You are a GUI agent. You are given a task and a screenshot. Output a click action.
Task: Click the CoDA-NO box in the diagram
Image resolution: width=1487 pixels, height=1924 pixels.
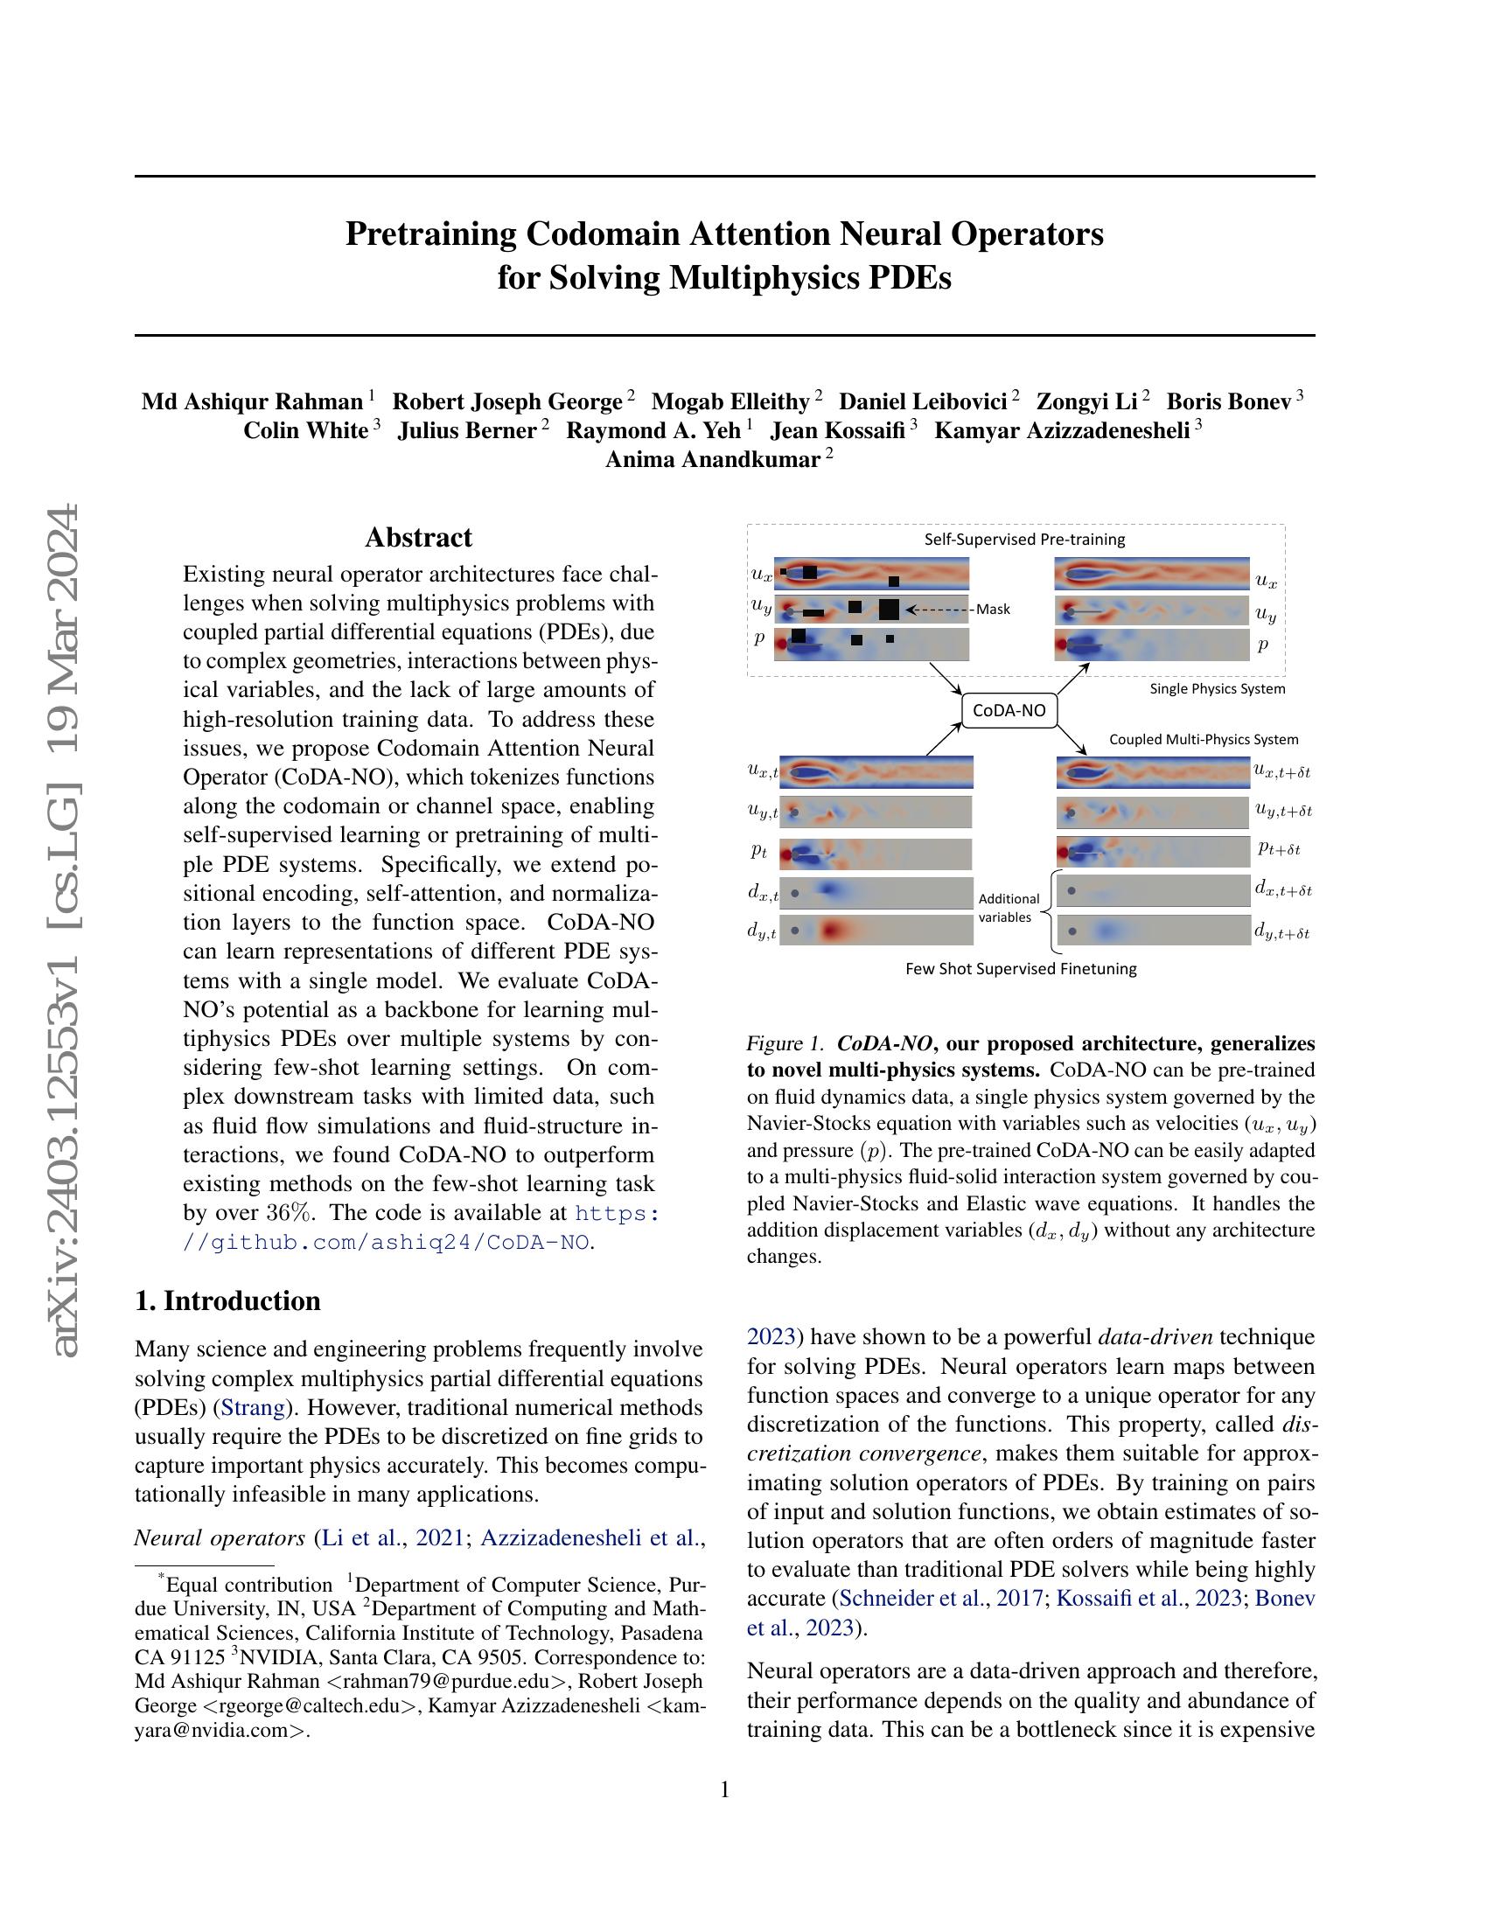point(1009,711)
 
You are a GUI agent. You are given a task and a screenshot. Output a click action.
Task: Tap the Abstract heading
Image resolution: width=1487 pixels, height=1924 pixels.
point(418,537)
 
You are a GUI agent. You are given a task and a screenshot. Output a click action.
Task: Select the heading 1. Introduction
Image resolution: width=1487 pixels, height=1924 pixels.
point(228,1301)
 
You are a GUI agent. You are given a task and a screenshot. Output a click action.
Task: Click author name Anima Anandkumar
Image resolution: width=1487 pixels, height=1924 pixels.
point(713,459)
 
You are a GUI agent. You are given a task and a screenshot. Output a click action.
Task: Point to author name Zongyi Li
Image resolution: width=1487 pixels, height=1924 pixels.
point(1087,401)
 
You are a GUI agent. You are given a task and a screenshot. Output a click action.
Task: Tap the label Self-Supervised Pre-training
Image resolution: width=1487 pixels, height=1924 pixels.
point(1023,539)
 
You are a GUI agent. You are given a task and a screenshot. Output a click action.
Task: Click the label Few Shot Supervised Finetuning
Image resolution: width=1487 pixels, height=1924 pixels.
point(1021,969)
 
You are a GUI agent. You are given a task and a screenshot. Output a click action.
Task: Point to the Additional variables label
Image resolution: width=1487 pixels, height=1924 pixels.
point(1009,908)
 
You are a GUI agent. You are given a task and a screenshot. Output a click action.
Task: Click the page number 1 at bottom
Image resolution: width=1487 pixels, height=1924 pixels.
point(725,1789)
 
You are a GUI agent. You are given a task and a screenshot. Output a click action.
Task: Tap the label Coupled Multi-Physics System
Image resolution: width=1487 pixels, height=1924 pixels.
point(1203,739)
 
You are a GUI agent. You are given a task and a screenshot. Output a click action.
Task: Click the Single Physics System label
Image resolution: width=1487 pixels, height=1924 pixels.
point(1217,689)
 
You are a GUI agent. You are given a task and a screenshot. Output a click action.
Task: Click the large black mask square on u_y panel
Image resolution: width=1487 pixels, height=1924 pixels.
point(889,609)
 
